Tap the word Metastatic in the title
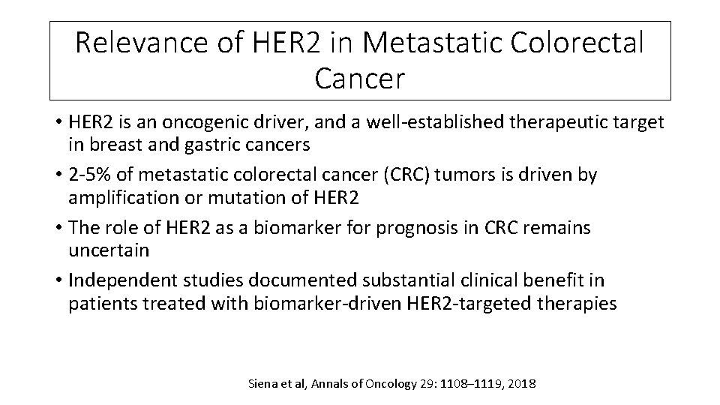coord(423,43)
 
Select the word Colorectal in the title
coord(577,43)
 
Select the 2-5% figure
coord(93,175)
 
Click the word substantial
coord(398,280)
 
